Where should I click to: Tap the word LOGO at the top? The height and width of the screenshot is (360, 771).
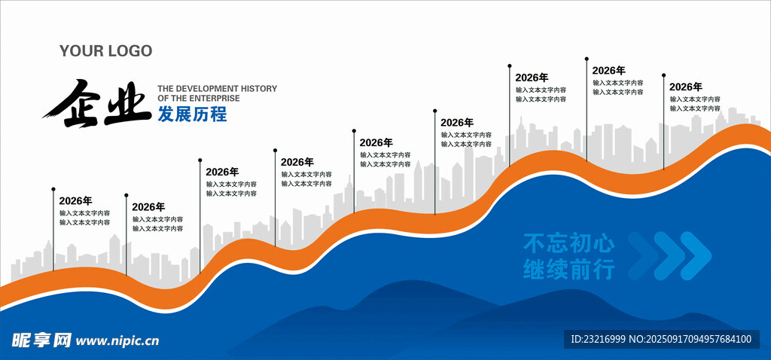(x=129, y=51)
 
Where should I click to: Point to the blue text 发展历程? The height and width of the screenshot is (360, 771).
(x=191, y=114)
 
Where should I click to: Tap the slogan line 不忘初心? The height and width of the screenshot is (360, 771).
(x=568, y=243)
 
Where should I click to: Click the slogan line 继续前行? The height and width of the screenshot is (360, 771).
(x=568, y=269)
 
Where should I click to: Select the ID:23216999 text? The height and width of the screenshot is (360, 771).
(x=599, y=340)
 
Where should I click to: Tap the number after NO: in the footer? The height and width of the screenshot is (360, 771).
(x=699, y=340)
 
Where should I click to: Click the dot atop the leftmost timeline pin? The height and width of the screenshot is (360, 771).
(x=53, y=189)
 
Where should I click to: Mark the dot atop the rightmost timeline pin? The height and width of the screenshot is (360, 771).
(x=663, y=75)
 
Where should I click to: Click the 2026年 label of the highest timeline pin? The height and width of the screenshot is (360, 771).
(x=609, y=70)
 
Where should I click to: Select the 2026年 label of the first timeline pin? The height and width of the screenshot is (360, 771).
(x=75, y=201)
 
